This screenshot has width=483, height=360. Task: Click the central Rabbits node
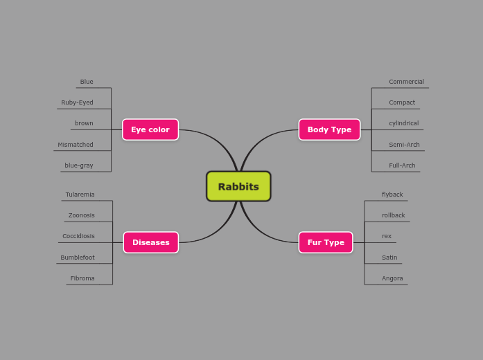pos(238,186)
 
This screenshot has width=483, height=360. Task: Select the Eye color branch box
pos(150,129)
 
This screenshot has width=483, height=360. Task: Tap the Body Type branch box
pos(329,129)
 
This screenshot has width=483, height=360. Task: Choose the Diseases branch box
pos(150,242)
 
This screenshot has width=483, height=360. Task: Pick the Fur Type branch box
pos(326,242)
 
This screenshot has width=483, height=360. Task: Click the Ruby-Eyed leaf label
pos(77,102)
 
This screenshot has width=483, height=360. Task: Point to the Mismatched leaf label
pos(76,145)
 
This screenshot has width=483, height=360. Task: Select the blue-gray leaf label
pos(79,165)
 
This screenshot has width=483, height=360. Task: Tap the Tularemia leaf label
pos(80,195)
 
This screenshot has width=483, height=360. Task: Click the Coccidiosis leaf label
pos(78,236)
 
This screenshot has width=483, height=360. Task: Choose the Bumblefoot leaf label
pos(78,258)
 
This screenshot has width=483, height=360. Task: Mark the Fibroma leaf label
pos(82,278)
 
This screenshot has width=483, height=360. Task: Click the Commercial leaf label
pos(406,82)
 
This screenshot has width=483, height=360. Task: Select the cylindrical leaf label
pos(403,123)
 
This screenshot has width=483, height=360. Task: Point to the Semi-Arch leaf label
pos(404,145)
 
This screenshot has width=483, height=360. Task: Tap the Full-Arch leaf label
pos(402,165)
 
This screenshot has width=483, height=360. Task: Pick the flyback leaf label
pos(392,195)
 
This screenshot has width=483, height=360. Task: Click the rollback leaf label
pos(393,215)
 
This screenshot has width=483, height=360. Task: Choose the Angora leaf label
pos(392,278)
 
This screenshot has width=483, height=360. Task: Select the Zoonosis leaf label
pos(82,215)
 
